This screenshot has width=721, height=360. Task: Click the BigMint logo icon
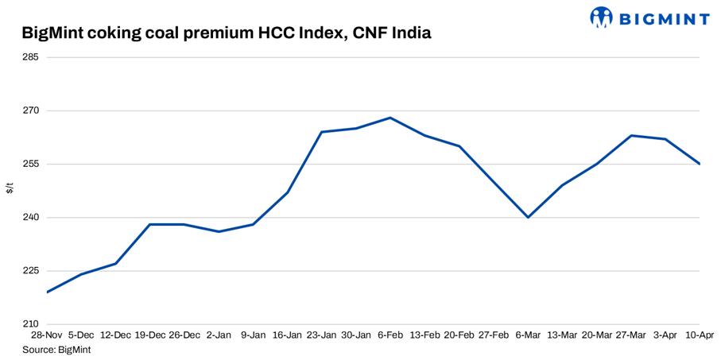(x=601, y=17)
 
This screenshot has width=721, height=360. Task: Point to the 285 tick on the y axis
(x=31, y=57)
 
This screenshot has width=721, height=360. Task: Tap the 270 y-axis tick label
(x=31, y=110)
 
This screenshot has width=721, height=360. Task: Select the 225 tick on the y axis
(x=31, y=271)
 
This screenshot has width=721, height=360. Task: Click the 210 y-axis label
(x=31, y=324)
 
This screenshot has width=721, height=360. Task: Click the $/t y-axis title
(x=10, y=188)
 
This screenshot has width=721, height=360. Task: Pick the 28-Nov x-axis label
(x=48, y=335)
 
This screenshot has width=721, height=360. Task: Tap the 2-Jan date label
(x=219, y=335)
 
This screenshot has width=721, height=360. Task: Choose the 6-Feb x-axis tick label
(x=390, y=335)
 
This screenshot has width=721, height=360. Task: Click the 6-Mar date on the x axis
(x=528, y=335)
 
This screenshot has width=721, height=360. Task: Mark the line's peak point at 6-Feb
(x=390, y=118)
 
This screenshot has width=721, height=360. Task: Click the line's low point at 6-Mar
(x=528, y=217)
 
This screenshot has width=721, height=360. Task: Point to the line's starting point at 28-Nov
(x=48, y=292)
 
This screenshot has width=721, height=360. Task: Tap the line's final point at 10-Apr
(x=699, y=164)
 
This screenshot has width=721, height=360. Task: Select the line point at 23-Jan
(x=322, y=132)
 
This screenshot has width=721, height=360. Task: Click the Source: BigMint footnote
(x=56, y=350)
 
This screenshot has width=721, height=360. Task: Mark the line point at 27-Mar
(x=630, y=136)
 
